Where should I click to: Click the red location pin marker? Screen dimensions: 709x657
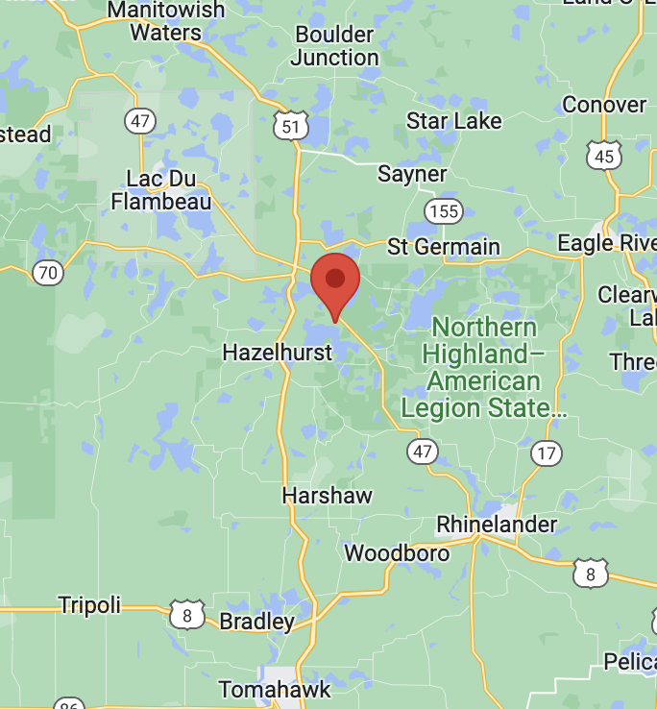pyautogui.click(x=335, y=281)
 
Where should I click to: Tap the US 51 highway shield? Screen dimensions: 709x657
pyautogui.click(x=289, y=126)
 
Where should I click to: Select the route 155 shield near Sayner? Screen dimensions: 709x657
pyautogui.click(x=445, y=210)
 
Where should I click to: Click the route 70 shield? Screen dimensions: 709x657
pyautogui.click(x=47, y=273)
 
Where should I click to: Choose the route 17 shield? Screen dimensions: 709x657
pyautogui.click(x=546, y=452)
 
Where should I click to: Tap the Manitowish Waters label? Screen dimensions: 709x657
pyautogui.click(x=165, y=21)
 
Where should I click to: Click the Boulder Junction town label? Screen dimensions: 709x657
pyautogui.click(x=334, y=46)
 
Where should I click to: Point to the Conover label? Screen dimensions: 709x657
pyautogui.click(x=604, y=104)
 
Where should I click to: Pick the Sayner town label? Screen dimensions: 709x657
pyautogui.click(x=412, y=174)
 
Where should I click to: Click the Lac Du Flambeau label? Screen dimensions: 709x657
pyautogui.click(x=161, y=189)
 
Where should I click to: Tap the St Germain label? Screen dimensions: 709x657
pyautogui.click(x=444, y=247)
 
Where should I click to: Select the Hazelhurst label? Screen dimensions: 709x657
pyautogui.click(x=278, y=353)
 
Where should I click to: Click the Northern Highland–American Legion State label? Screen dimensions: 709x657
pyautogui.click(x=484, y=368)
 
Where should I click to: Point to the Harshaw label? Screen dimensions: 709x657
pyautogui.click(x=327, y=496)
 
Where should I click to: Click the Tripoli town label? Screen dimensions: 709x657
pyautogui.click(x=89, y=605)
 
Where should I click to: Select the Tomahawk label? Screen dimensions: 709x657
pyautogui.click(x=275, y=690)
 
